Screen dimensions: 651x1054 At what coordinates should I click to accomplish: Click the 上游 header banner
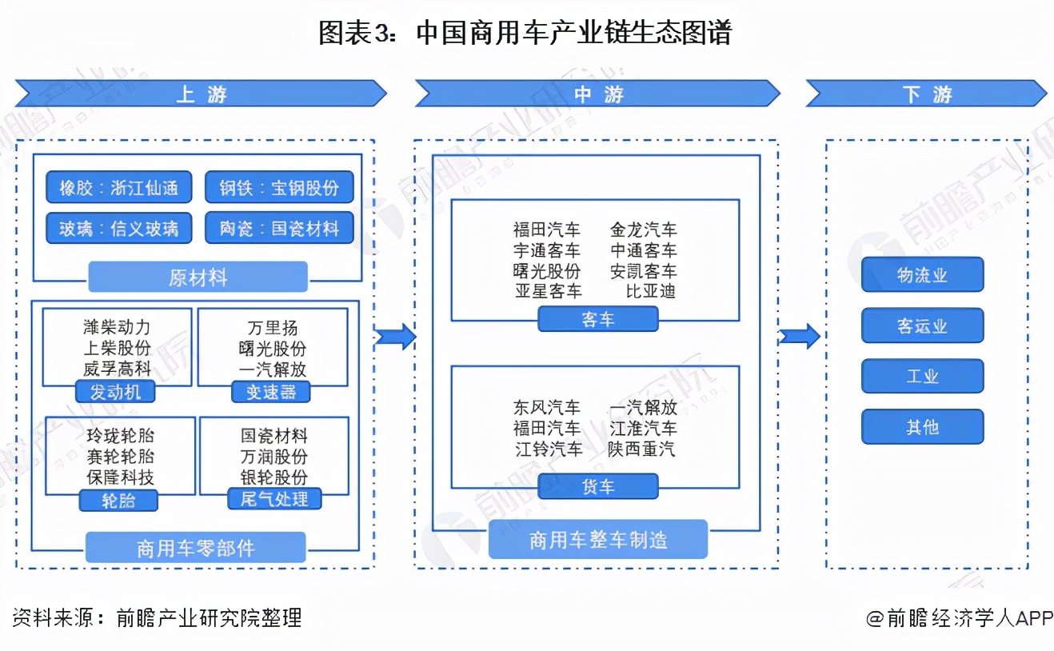click(201, 94)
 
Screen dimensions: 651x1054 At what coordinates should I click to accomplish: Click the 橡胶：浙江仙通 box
click(118, 189)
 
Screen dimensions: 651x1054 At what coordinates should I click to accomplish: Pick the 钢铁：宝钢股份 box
click(279, 189)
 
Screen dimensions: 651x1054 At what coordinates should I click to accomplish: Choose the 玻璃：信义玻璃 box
click(118, 229)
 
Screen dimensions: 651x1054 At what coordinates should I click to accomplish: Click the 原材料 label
click(198, 278)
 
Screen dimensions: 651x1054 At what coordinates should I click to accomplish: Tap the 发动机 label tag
click(115, 392)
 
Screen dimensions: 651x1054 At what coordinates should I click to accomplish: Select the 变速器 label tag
click(270, 392)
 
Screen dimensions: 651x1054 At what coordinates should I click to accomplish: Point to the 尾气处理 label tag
click(274, 500)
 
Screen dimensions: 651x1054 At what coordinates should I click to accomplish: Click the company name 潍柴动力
click(117, 328)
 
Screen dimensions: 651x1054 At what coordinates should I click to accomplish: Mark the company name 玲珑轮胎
click(120, 436)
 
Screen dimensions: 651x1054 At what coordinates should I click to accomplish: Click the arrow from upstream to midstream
click(395, 337)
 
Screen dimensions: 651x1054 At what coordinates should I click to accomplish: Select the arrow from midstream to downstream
click(800, 337)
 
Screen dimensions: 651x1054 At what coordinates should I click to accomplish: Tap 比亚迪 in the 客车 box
click(650, 291)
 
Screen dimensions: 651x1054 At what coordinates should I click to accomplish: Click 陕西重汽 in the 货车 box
click(641, 449)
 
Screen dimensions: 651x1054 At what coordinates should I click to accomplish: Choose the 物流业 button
click(922, 275)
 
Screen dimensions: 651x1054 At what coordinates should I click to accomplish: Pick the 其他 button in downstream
click(922, 427)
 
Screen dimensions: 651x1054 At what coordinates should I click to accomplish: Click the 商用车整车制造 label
click(598, 541)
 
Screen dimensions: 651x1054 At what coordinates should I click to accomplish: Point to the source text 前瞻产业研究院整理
click(209, 617)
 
